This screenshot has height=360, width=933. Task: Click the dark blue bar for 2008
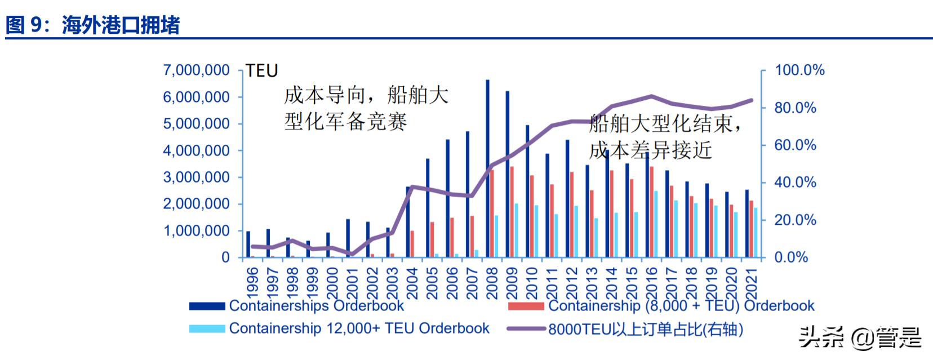point(487,169)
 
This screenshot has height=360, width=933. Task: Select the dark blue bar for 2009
point(507,175)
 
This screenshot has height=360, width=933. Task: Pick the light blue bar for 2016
point(656,224)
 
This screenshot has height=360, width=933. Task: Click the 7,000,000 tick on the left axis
point(196,70)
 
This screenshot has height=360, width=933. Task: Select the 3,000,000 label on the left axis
point(196,177)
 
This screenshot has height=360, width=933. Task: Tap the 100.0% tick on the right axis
point(799,70)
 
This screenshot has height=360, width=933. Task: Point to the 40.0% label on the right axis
point(795,183)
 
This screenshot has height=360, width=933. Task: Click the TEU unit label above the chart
point(262,71)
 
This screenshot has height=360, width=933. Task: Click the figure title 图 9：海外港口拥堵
point(93,25)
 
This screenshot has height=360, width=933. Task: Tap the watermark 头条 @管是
point(859,337)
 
